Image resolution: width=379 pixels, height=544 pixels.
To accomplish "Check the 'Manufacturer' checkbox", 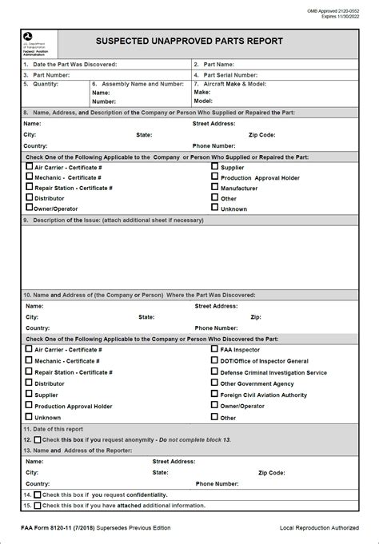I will (214, 187).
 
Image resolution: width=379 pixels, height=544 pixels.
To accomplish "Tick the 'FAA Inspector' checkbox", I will (214, 349).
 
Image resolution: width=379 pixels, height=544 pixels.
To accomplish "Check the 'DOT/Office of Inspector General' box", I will (214, 360).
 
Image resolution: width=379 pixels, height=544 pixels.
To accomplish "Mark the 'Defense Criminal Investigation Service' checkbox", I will (214, 371).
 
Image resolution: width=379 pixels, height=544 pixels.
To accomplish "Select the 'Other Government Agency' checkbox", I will (214, 383).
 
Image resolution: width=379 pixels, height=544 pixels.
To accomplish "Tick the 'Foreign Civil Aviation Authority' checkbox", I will (214, 394).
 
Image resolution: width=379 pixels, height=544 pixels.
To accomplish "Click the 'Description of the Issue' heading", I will (118, 219).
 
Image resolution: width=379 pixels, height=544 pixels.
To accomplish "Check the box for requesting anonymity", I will (37, 439).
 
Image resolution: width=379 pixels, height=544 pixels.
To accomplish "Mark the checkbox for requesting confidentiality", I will (37, 494).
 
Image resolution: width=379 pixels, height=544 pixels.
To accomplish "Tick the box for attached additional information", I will (37, 505).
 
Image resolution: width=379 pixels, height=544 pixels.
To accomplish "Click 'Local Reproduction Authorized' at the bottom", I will (318, 528).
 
